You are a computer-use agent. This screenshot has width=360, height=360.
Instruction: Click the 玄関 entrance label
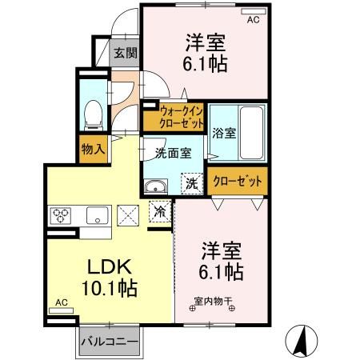[126, 54]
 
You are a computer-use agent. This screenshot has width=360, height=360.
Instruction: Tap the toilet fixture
[94, 115]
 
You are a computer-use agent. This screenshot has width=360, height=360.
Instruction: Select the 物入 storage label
[93, 149]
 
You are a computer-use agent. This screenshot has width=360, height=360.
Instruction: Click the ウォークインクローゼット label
[182, 118]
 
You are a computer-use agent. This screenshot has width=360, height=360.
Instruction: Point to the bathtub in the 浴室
[251, 133]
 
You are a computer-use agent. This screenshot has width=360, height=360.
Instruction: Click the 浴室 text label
[224, 133]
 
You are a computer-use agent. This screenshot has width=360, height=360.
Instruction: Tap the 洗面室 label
[174, 153]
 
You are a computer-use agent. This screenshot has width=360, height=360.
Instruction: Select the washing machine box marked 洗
[192, 184]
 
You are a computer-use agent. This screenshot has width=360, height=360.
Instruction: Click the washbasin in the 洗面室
[156, 186]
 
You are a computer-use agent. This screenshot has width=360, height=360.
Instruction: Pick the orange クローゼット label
[238, 182]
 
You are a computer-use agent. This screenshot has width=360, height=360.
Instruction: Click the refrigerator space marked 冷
[160, 211]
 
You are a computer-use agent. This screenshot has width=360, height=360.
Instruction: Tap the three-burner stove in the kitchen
[61, 215]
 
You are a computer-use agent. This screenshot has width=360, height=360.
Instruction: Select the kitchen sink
[98, 215]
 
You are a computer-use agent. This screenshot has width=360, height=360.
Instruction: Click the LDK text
[110, 266]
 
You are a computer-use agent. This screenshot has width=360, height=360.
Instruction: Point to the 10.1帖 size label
[110, 288]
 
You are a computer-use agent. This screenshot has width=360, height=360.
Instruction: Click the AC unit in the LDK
[61, 310]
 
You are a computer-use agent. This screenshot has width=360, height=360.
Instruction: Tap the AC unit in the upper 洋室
[254, 11]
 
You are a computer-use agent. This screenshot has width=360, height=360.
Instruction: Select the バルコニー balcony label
[110, 342]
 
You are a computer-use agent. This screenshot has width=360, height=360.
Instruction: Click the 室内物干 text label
[212, 302]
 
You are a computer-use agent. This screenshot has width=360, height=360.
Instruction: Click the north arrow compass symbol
[302, 341]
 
